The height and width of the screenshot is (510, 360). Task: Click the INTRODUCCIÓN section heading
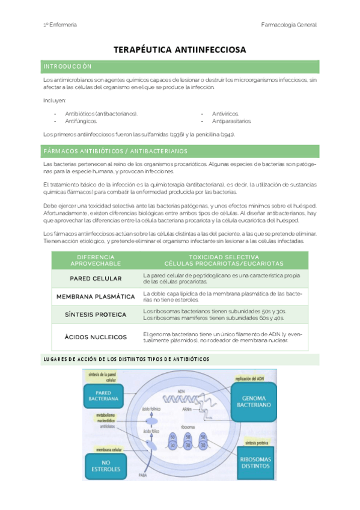(x=67, y=66)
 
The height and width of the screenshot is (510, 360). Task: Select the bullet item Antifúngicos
(x=81, y=121)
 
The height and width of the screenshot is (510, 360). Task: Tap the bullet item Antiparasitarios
(x=232, y=121)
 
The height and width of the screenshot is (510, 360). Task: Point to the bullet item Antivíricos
(x=225, y=113)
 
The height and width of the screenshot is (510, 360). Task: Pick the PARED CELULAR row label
(x=96, y=278)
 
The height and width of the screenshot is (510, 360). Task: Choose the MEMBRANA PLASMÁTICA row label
(x=96, y=296)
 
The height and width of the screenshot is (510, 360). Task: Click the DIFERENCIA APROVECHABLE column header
(x=96, y=260)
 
